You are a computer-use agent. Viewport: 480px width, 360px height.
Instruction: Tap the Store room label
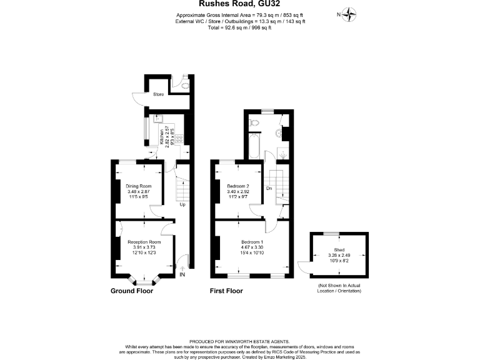pos(159,94)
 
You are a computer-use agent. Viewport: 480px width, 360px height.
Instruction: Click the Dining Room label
pos(139,186)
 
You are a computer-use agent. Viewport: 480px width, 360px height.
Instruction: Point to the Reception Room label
pos(144,242)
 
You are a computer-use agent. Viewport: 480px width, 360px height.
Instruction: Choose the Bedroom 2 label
pos(239,186)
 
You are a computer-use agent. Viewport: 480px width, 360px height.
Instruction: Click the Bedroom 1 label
pos(253,242)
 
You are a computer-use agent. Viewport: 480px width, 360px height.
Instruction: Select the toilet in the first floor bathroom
pos(252,124)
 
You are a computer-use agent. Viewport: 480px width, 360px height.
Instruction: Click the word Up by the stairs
pos(182,204)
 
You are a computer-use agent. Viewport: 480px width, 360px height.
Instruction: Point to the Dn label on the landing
pos(269,188)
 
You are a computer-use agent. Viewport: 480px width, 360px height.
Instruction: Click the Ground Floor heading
pos(131,291)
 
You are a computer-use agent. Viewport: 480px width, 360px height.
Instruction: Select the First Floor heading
pos(226,291)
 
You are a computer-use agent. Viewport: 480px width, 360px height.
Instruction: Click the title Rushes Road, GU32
pos(239,4)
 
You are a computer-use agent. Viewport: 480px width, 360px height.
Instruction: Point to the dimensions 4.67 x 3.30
pos(253,247)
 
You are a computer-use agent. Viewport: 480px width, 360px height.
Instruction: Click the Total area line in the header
pos(240,27)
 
